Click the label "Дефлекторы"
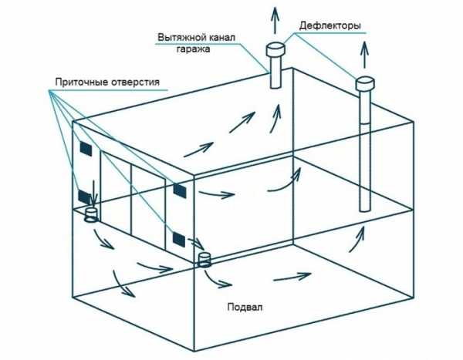[x=330, y=25]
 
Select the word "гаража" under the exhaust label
[x=194, y=49]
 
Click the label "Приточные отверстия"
[x=107, y=82]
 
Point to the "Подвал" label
[x=245, y=307]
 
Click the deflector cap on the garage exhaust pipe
[x=275, y=49]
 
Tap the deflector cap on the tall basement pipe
[x=365, y=83]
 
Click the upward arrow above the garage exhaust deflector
[x=275, y=19]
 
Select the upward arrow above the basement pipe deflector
[x=365, y=55]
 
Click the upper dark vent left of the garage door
[x=86, y=149]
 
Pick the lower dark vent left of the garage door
[x=84, y=197]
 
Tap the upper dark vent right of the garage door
[x=180, y=190]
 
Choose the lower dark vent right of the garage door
[x=179, y=239]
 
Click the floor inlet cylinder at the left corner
[x=91, y=215]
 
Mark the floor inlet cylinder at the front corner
[x=204, y=260]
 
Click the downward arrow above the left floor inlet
[x=93, y=193]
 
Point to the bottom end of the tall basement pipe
[x=365, y=210]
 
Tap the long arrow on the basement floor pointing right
[x=292, y=277]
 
